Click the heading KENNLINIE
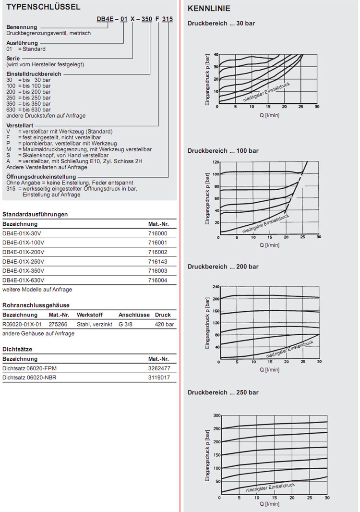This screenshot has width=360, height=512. point(209,8)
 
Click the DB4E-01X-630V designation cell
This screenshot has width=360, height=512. point(24,280)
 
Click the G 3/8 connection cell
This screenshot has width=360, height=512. point(127,324)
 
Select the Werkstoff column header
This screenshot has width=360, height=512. point(89,315)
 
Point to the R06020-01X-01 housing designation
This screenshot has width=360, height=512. point(22,324)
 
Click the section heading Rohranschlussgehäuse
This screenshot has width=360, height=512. point(36,305)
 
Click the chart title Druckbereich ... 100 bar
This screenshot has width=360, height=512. point(223,151)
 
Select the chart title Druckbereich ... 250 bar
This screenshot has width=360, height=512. point(223,392)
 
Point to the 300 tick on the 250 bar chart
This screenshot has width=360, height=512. point(216,415)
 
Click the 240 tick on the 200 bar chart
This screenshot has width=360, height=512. point(216,287)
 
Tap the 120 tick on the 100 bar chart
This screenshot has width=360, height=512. point(216,162)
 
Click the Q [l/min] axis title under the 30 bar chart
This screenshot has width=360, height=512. point(269,115)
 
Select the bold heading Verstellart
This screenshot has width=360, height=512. point(19,125)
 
